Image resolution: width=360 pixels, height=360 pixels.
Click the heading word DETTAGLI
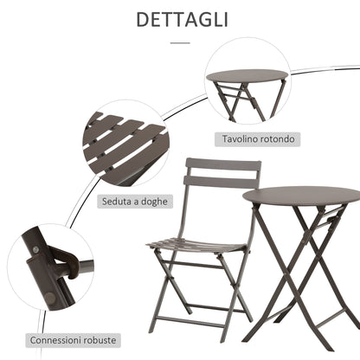coord(179,19)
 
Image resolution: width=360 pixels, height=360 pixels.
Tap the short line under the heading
coord(179,41)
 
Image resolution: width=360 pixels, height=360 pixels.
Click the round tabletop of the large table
coord(301,196)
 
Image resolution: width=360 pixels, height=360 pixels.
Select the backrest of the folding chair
coord(223,173)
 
